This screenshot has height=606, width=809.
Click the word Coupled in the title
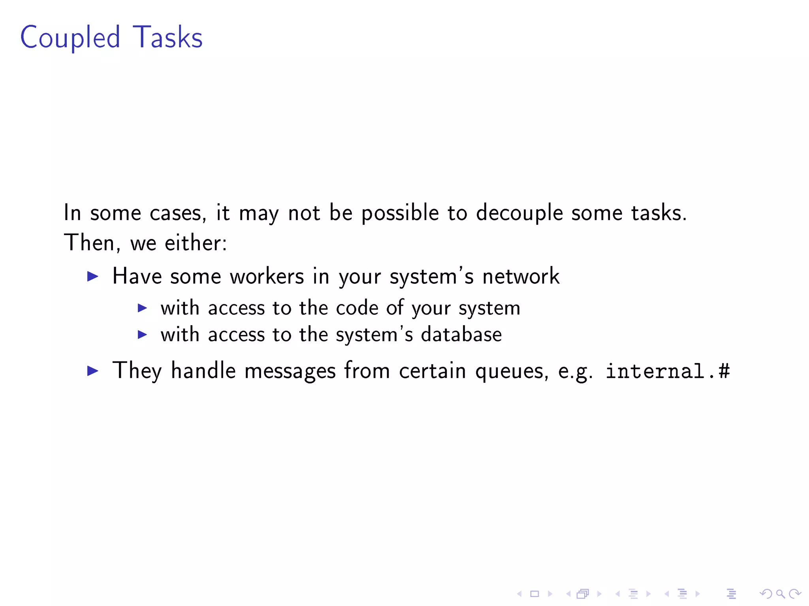[x=70, y=37]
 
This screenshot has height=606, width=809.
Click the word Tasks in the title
[x=167, y=37]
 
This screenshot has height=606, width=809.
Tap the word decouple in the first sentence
[x=519, y=213]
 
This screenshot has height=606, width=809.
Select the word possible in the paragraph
[x=400, y=213]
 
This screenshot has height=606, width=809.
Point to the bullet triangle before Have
[x=92, y=276]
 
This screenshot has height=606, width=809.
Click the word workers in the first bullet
[x=267, y=276]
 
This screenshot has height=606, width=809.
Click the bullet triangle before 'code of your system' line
[x=142, y=308]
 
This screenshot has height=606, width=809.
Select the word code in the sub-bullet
[x=357, y=308]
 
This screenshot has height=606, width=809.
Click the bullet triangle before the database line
[x=142, y=335]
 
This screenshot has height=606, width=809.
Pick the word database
[x=461, y=335]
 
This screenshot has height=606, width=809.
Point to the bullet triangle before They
[x=92, y=370]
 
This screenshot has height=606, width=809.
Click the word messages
[x=290, y=371]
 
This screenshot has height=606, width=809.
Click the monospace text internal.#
[x=668, y=371]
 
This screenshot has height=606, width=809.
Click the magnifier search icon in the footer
[x=780, y=594]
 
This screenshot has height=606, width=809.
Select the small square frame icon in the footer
[x=534, y=594]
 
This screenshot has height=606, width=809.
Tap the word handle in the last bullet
[x=203, y=370]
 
